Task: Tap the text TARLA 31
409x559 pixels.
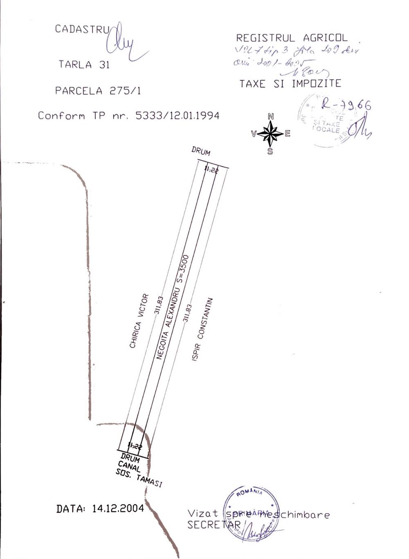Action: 84,65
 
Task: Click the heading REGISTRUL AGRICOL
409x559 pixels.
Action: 292,38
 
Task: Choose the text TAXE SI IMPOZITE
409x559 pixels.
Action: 290,84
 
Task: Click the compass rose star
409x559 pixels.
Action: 270,134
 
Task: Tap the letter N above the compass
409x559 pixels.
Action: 270,116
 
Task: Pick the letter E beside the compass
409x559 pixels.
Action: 288,134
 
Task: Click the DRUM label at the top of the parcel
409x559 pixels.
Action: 201,151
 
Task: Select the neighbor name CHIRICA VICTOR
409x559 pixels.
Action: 139,321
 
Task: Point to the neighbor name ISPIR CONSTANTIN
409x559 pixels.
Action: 202,329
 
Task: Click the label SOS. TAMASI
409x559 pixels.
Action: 139,477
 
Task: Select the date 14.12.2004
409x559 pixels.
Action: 118,508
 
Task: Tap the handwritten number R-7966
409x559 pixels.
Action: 346,105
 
